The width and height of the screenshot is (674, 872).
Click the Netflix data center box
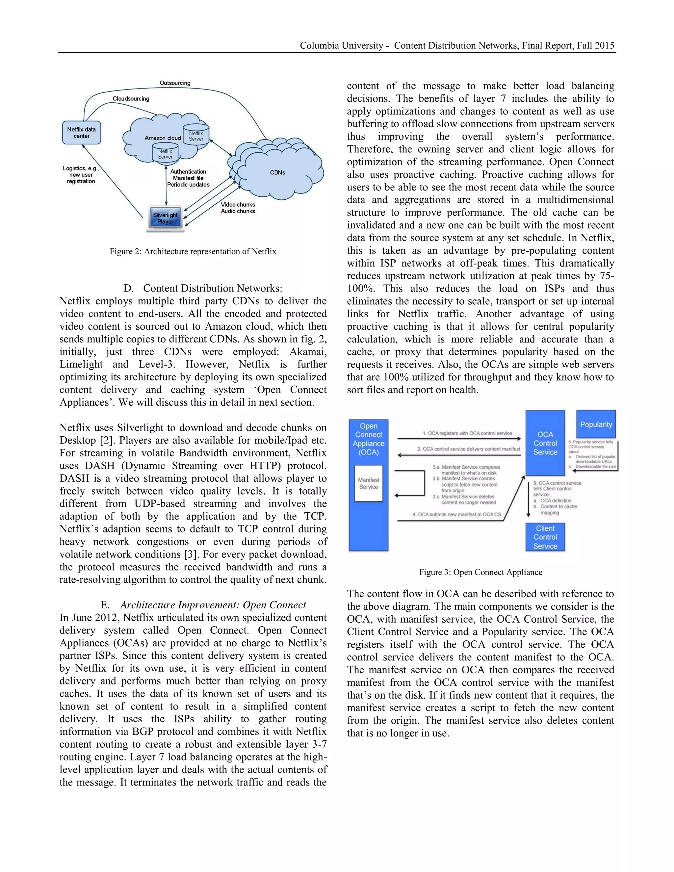[82, 133]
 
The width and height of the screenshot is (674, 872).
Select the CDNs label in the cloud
[277, 172]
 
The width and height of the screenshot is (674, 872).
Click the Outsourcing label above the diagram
[175, 83]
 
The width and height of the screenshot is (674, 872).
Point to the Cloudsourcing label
[131, 99]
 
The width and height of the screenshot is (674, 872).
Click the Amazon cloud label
[163, 138]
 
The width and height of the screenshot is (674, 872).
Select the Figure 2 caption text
[193, 251]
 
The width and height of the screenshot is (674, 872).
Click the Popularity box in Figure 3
[596, 424]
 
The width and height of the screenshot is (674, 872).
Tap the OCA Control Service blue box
[545, 443]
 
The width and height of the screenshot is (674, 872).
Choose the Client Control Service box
[545, 537]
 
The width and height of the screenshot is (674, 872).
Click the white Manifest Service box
[368, 483]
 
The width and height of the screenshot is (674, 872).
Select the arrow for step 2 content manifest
[459, 455]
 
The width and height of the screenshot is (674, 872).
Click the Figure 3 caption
[480, 572]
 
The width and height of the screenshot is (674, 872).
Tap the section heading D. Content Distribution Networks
[203, 288]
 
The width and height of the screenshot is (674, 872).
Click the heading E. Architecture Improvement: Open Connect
[203, 605]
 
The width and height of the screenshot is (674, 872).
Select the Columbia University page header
[457, 45]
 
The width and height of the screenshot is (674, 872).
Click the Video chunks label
[238, 204]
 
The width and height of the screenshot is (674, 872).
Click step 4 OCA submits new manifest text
[456, 514]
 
